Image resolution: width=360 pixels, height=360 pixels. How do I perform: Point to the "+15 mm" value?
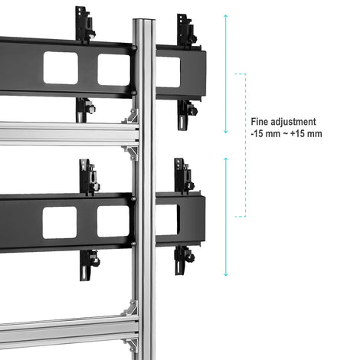click(306, 133)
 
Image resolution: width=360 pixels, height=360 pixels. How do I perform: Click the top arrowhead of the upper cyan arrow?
click(226, 16)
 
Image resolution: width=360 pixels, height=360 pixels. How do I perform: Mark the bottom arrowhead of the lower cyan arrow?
click(226, 274)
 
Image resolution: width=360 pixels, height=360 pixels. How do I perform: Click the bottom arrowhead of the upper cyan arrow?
click(226, 132)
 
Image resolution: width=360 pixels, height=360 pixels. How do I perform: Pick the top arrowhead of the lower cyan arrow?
click(226, 159)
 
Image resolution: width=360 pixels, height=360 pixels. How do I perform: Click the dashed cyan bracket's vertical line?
click(245, 146)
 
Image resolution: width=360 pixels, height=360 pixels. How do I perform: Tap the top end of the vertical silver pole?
click(144, 20)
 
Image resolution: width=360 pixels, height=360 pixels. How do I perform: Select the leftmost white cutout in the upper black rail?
click(61, 68)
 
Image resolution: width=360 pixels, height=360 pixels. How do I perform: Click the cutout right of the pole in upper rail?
click(168, 72)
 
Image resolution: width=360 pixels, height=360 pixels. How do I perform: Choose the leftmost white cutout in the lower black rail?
click(60, 223)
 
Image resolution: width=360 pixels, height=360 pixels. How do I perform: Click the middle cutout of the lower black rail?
click(113, 221)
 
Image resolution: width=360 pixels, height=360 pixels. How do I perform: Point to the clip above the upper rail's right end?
click(187, 30)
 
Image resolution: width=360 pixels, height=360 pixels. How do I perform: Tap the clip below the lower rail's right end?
click(184, 260)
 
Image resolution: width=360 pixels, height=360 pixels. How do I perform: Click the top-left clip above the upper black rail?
click(85, 25)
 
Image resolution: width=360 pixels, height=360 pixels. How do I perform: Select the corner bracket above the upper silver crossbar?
click(130, 116)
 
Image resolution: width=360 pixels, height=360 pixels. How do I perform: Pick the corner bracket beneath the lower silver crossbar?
click(130, 345)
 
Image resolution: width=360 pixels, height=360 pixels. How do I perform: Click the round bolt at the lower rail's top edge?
click(133, 198)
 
